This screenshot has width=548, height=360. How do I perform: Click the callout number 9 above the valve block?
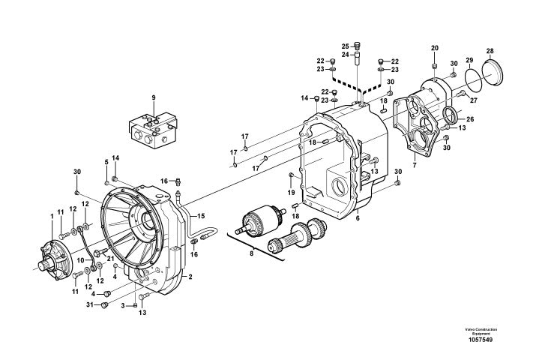pos(154,97)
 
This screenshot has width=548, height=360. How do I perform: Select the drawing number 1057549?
pos(481,340)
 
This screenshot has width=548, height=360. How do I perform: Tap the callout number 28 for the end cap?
pos(490,52)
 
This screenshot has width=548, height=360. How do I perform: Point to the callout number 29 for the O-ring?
pos(469,60)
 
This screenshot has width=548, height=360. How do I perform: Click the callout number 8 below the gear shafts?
pos(251,253)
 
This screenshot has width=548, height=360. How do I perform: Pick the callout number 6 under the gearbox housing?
pos(358,218)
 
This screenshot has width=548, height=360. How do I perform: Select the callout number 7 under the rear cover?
pos(415,165)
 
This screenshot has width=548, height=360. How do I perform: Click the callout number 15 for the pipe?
pos(201,216)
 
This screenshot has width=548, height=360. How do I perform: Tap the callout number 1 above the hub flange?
pos(52,216)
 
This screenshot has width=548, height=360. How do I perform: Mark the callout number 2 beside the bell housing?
pos(190,277)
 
